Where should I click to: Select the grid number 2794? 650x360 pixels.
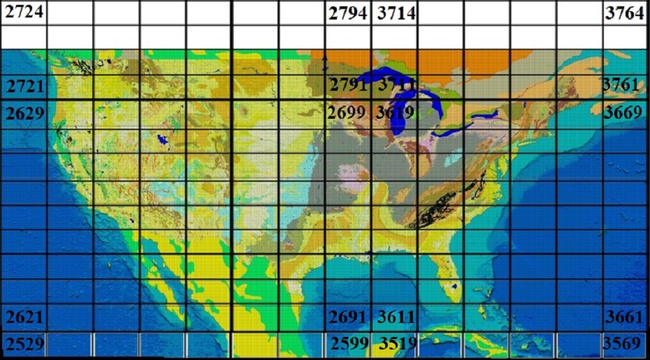[x=348, y=13]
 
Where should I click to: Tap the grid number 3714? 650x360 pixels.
[x=396, y=13]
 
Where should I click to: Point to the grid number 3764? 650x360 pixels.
[x=625, y=13]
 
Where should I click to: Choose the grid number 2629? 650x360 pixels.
[x=25, y=112]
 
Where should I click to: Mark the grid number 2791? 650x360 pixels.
[x=348, y=85]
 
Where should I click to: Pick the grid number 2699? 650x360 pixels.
[x=348, y=112]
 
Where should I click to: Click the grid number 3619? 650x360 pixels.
[x=396, y=112]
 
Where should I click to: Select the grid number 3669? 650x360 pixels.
[x=623, y=112]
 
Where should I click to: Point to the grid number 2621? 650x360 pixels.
[x=25, y=317]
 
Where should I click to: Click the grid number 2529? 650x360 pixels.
[x=25, y=343]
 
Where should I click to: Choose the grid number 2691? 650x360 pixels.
[x=348, y=317]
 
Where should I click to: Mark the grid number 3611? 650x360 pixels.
[x=396, y=317]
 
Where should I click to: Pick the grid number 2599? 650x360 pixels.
[x=349, y=343]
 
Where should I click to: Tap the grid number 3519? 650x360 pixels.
[x=396, y=343]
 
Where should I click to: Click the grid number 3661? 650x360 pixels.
[x=623, y=317]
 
